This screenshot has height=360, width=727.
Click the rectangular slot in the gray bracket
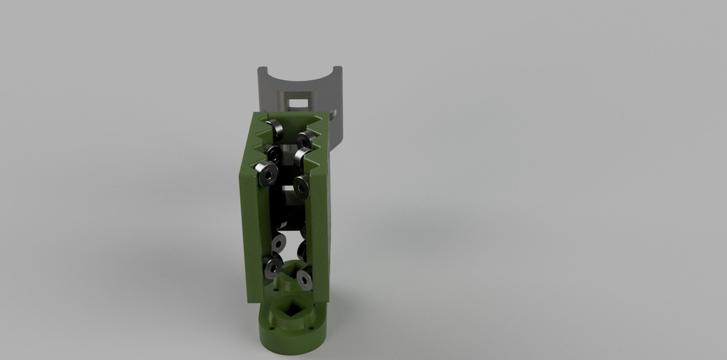302,102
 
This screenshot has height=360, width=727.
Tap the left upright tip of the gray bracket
261,71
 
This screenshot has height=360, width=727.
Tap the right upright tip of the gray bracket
338,71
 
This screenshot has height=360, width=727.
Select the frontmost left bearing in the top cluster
267,171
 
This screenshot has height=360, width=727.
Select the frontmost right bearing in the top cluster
302,186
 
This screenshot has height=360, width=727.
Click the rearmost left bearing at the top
275,128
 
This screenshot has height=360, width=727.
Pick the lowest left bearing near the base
273,268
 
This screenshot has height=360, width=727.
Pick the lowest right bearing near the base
305,279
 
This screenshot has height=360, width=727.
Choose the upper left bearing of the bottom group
278,244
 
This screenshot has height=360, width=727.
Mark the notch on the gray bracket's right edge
334,112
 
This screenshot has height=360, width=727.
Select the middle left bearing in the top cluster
273,152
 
